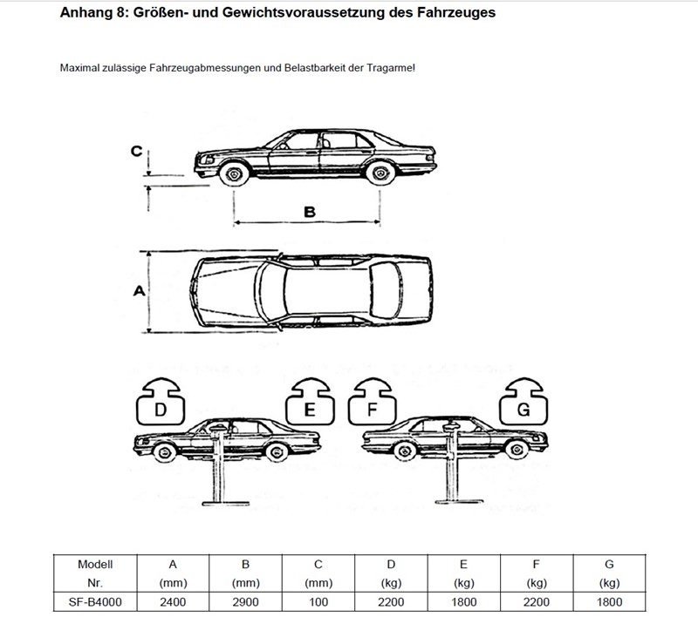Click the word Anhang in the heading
89,12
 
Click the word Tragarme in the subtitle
390,68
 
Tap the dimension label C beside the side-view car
136,152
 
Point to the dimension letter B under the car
310,212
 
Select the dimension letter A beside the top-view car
140,291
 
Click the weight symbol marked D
161,402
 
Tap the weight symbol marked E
310,402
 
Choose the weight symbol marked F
373,402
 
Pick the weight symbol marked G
523,402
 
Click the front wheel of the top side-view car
234,173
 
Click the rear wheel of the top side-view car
380,173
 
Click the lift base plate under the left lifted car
225,504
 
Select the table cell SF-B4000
95,602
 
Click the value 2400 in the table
173,602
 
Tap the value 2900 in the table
245,602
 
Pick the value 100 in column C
318,602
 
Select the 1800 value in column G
609,602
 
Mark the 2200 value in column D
391,602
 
